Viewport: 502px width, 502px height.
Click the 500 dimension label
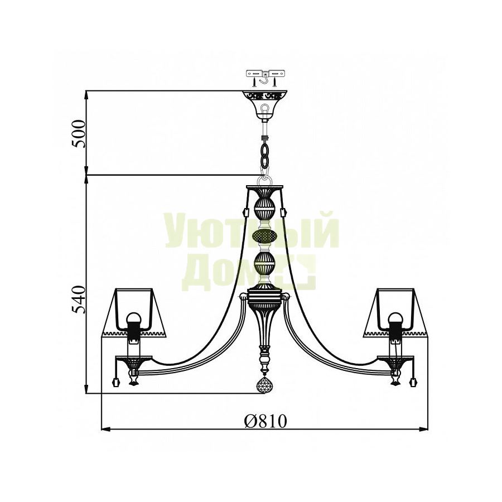click(79, 133)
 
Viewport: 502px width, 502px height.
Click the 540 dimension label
click(79, 300)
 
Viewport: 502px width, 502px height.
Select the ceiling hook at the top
click(265, 78)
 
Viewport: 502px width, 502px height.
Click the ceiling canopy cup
click(265, 104)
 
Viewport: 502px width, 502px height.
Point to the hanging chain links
click(265, 157)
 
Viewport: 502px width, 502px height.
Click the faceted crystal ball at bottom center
click(265, 385)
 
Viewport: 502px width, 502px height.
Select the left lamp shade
click(134, 313)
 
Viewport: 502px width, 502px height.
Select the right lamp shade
click(395, 313)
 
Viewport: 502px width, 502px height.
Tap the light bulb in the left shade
click(133, 319)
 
